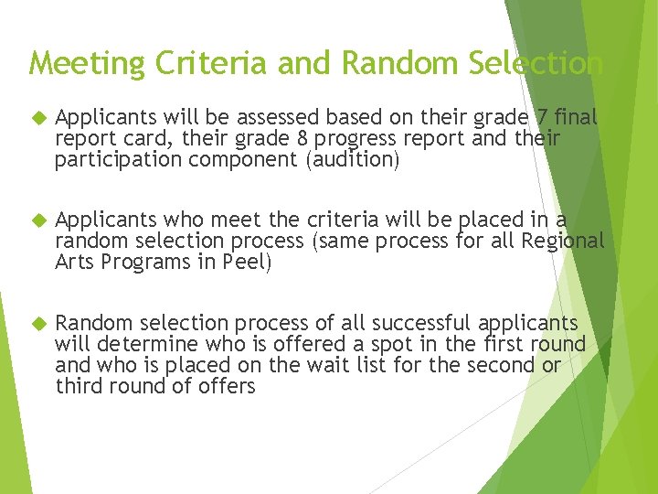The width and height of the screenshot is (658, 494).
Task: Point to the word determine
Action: pyautogui.click(x=153, y=344)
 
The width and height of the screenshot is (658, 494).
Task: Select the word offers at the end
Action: pyautogui.click(x=226, y=385)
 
